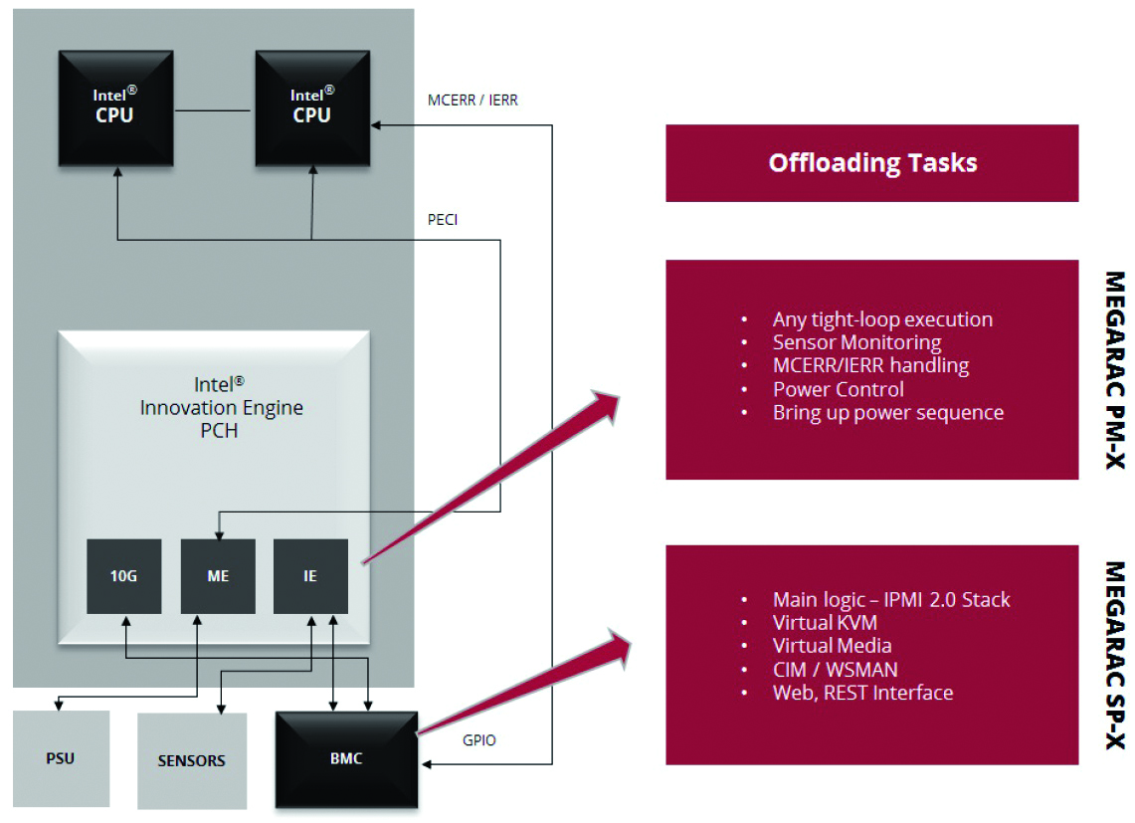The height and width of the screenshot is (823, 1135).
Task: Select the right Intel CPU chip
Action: point(312,107)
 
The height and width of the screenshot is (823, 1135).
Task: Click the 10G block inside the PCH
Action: point(124,576)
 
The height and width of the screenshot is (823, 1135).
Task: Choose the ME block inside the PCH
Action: point(218,576)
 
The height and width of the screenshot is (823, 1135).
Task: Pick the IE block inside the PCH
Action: point(310,576)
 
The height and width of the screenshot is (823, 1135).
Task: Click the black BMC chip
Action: point(346,758)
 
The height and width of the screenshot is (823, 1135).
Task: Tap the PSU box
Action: point(61,758)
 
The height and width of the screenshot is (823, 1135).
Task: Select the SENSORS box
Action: point(191,760)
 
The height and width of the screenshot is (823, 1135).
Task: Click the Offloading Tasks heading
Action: point(872,163)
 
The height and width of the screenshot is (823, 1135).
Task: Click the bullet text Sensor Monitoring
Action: point(856,342)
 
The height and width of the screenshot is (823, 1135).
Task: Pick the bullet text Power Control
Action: point(839,389)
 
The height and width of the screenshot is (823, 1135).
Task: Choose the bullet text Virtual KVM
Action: point(831,623)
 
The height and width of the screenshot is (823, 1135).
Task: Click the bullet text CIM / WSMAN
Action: point(835,670)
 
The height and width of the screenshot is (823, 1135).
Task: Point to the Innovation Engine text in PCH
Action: point(222,408)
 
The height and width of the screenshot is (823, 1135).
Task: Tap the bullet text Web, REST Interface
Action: point(862,693)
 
